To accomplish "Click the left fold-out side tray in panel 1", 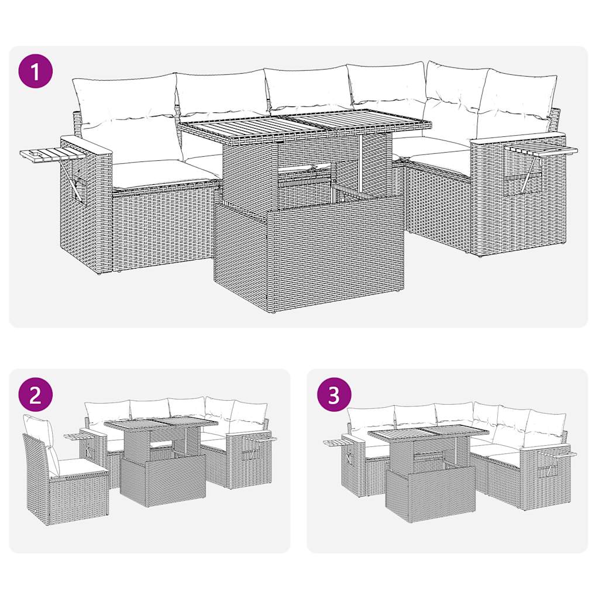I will (x=41, y=156).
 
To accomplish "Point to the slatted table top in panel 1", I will (x=304, y=125).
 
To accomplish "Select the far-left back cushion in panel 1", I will (x=124, y=99).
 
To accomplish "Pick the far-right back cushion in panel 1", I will (x=518, y=99).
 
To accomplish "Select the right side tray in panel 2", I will (x=259, y=438).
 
